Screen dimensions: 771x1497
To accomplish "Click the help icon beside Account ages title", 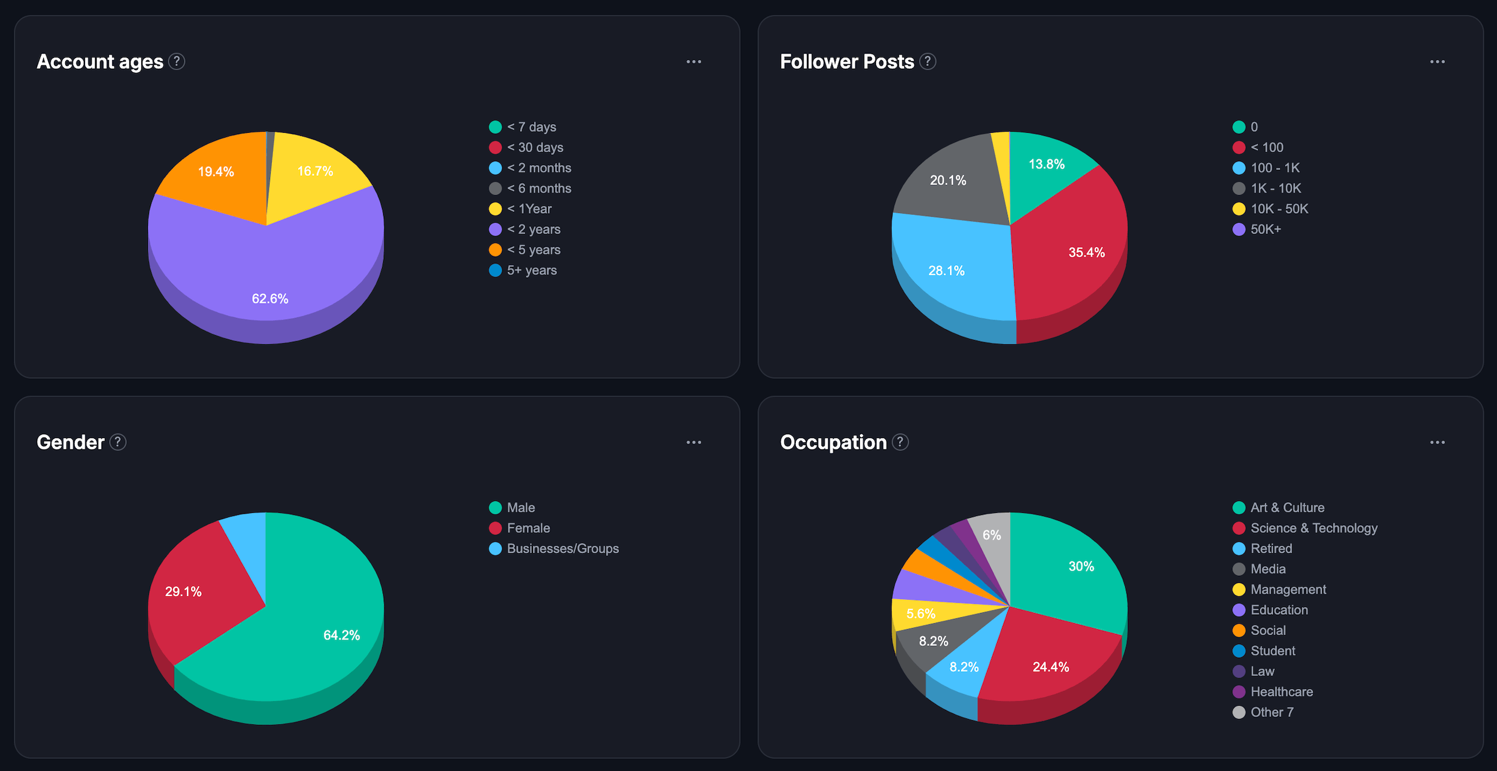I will [x=177, y=62].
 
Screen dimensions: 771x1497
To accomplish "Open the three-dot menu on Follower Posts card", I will [x=1437, y=62].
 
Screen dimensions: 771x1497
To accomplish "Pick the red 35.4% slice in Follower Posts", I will [x=1078, y=251].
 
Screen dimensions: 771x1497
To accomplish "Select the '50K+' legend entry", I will [x=1265, y=229].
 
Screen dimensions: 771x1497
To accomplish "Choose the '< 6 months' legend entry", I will [x=538, y=189].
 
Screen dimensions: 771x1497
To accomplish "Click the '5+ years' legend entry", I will [x=531, y=271].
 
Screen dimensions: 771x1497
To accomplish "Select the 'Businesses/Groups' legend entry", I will [x=562, y=549].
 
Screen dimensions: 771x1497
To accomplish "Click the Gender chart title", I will [x=71, y=442].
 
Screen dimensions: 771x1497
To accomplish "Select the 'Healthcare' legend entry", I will [x=1281, y=692].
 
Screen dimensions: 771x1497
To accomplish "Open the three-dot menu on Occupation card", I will [x=1437, y=442].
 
